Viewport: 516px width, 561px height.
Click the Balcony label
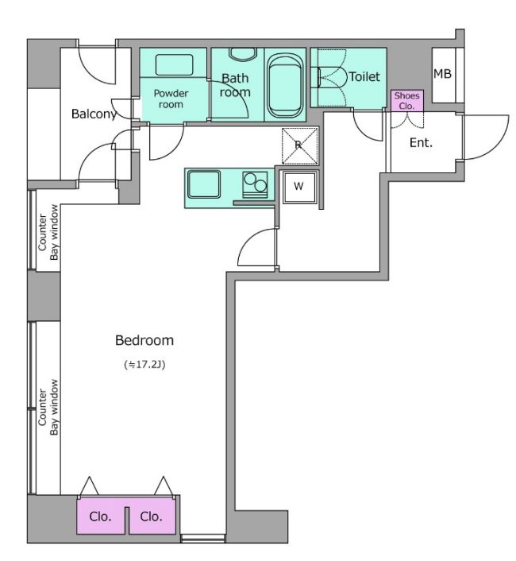point(94,114)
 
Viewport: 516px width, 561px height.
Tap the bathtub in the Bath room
point(285,86)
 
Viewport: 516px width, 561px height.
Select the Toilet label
point(364,76)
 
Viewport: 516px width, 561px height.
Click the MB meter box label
point(442,74)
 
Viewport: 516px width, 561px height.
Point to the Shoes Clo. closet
point(406,101)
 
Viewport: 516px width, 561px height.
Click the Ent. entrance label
point(421,143)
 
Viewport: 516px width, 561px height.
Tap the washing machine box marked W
point(299,187)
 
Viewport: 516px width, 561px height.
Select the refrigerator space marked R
point(299,145)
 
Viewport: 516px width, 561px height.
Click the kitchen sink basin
point(204,184)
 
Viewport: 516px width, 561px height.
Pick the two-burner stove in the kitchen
point(255,184)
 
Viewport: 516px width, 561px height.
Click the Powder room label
point(171,99)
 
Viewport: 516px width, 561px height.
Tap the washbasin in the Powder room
point(175,64)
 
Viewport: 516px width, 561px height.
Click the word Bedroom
point(144,340)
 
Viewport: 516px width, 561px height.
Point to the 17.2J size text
point(144,365)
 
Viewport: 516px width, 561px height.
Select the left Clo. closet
point(100,516)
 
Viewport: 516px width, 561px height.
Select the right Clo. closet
point(152,516)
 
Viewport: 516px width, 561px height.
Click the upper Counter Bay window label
point(48,232)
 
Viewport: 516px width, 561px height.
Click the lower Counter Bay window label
point(48,407)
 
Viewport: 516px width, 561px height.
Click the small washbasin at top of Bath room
point(243,54)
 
